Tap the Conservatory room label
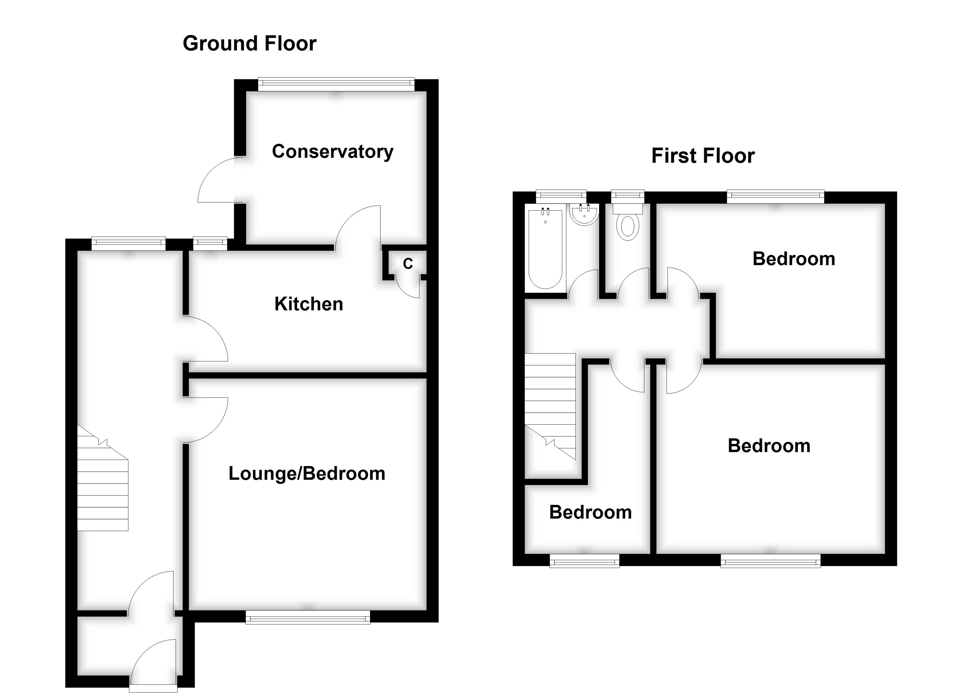[x=332, y=152]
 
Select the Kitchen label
[x=309, y=304]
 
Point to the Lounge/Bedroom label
[x=307, y=473]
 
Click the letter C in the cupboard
[x=408, y=264]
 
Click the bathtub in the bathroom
[x=546, y=248]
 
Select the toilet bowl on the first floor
[x=628, y=227]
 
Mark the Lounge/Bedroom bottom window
[x=308, y=617]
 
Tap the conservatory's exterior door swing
[x=219, y=181]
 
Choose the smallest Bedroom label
[x=590, y=512]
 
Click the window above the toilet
[x=628, y=196]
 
